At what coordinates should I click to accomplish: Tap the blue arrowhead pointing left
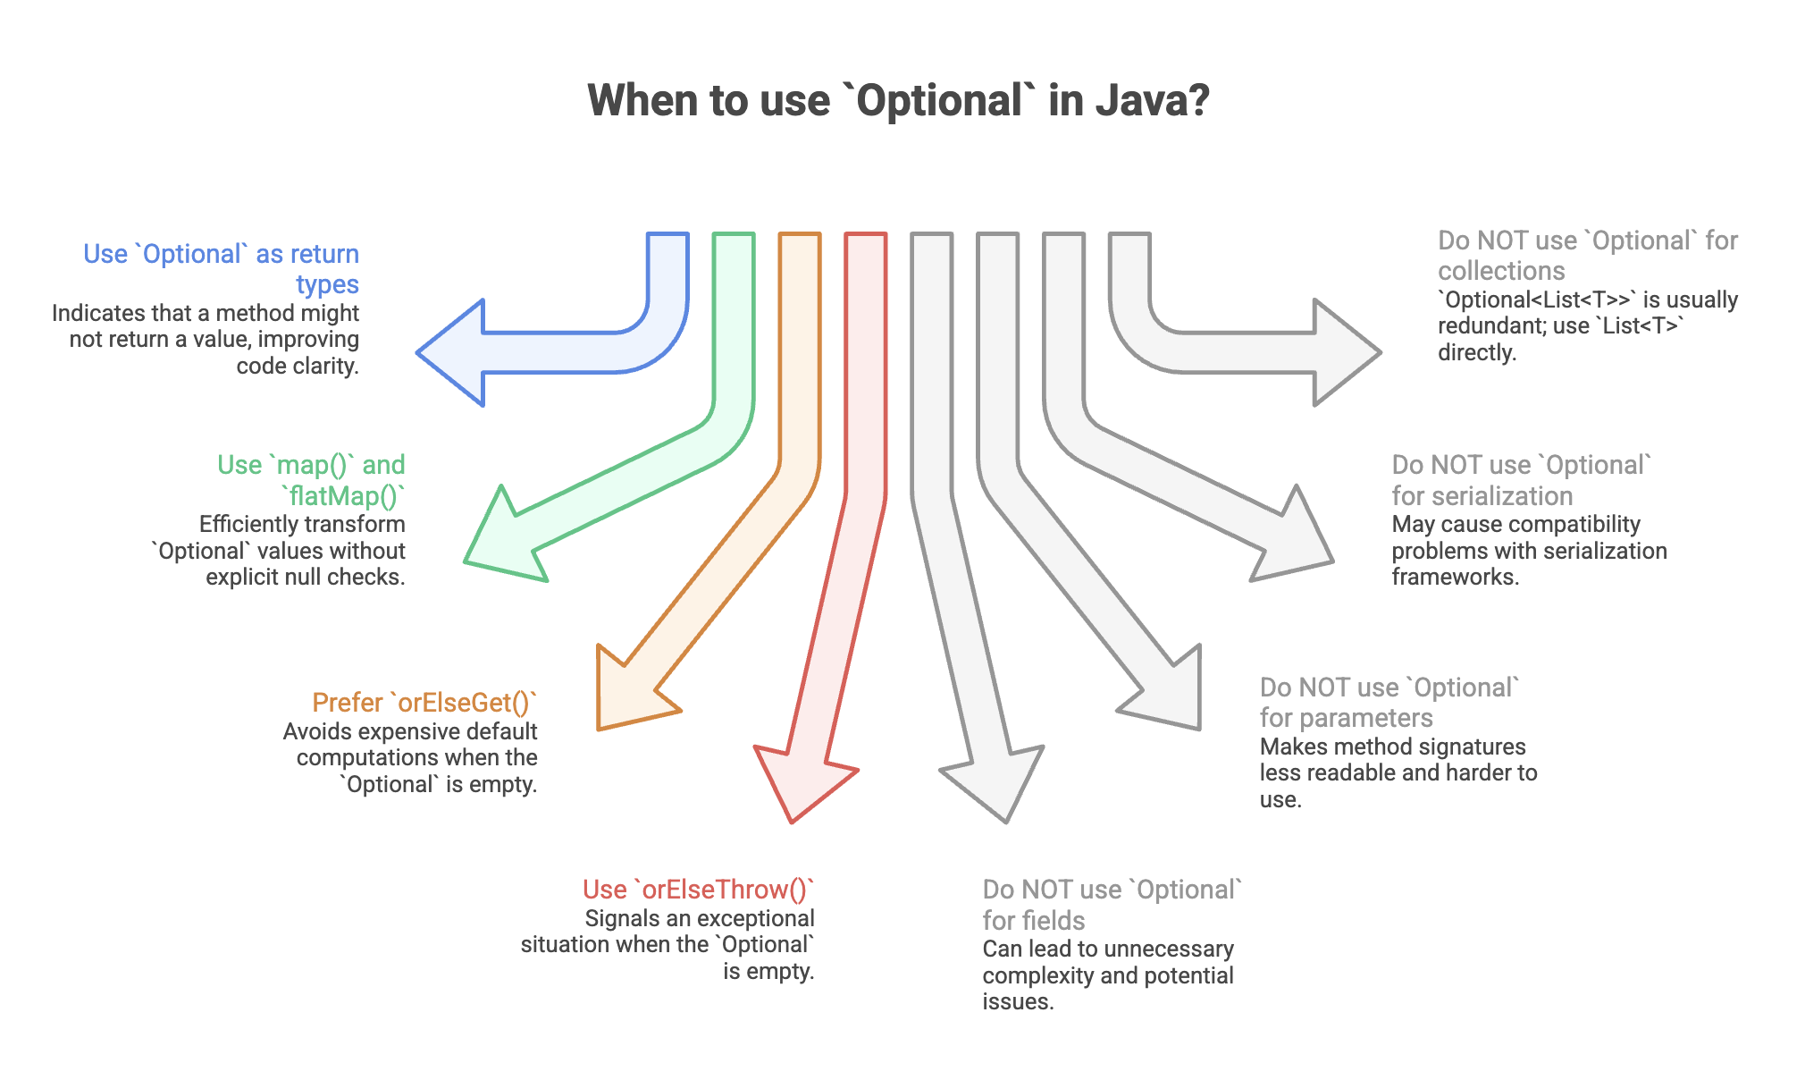pyautogui.click(x=450, y=353)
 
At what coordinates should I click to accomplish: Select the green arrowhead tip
pyautogui.click(x=466, y=561)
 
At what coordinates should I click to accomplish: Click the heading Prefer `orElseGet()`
pyautogui.click(x=425, y=703)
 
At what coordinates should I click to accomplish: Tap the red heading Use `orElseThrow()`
pyautogui.click(x=699, y=890)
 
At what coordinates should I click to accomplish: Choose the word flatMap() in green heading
pyautogui.click(x=344, y=495)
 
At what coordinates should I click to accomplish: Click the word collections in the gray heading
pyautogui.click(x=1501, y=271)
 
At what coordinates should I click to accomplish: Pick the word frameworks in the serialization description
pyautogui.click(x=1456, y=577)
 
